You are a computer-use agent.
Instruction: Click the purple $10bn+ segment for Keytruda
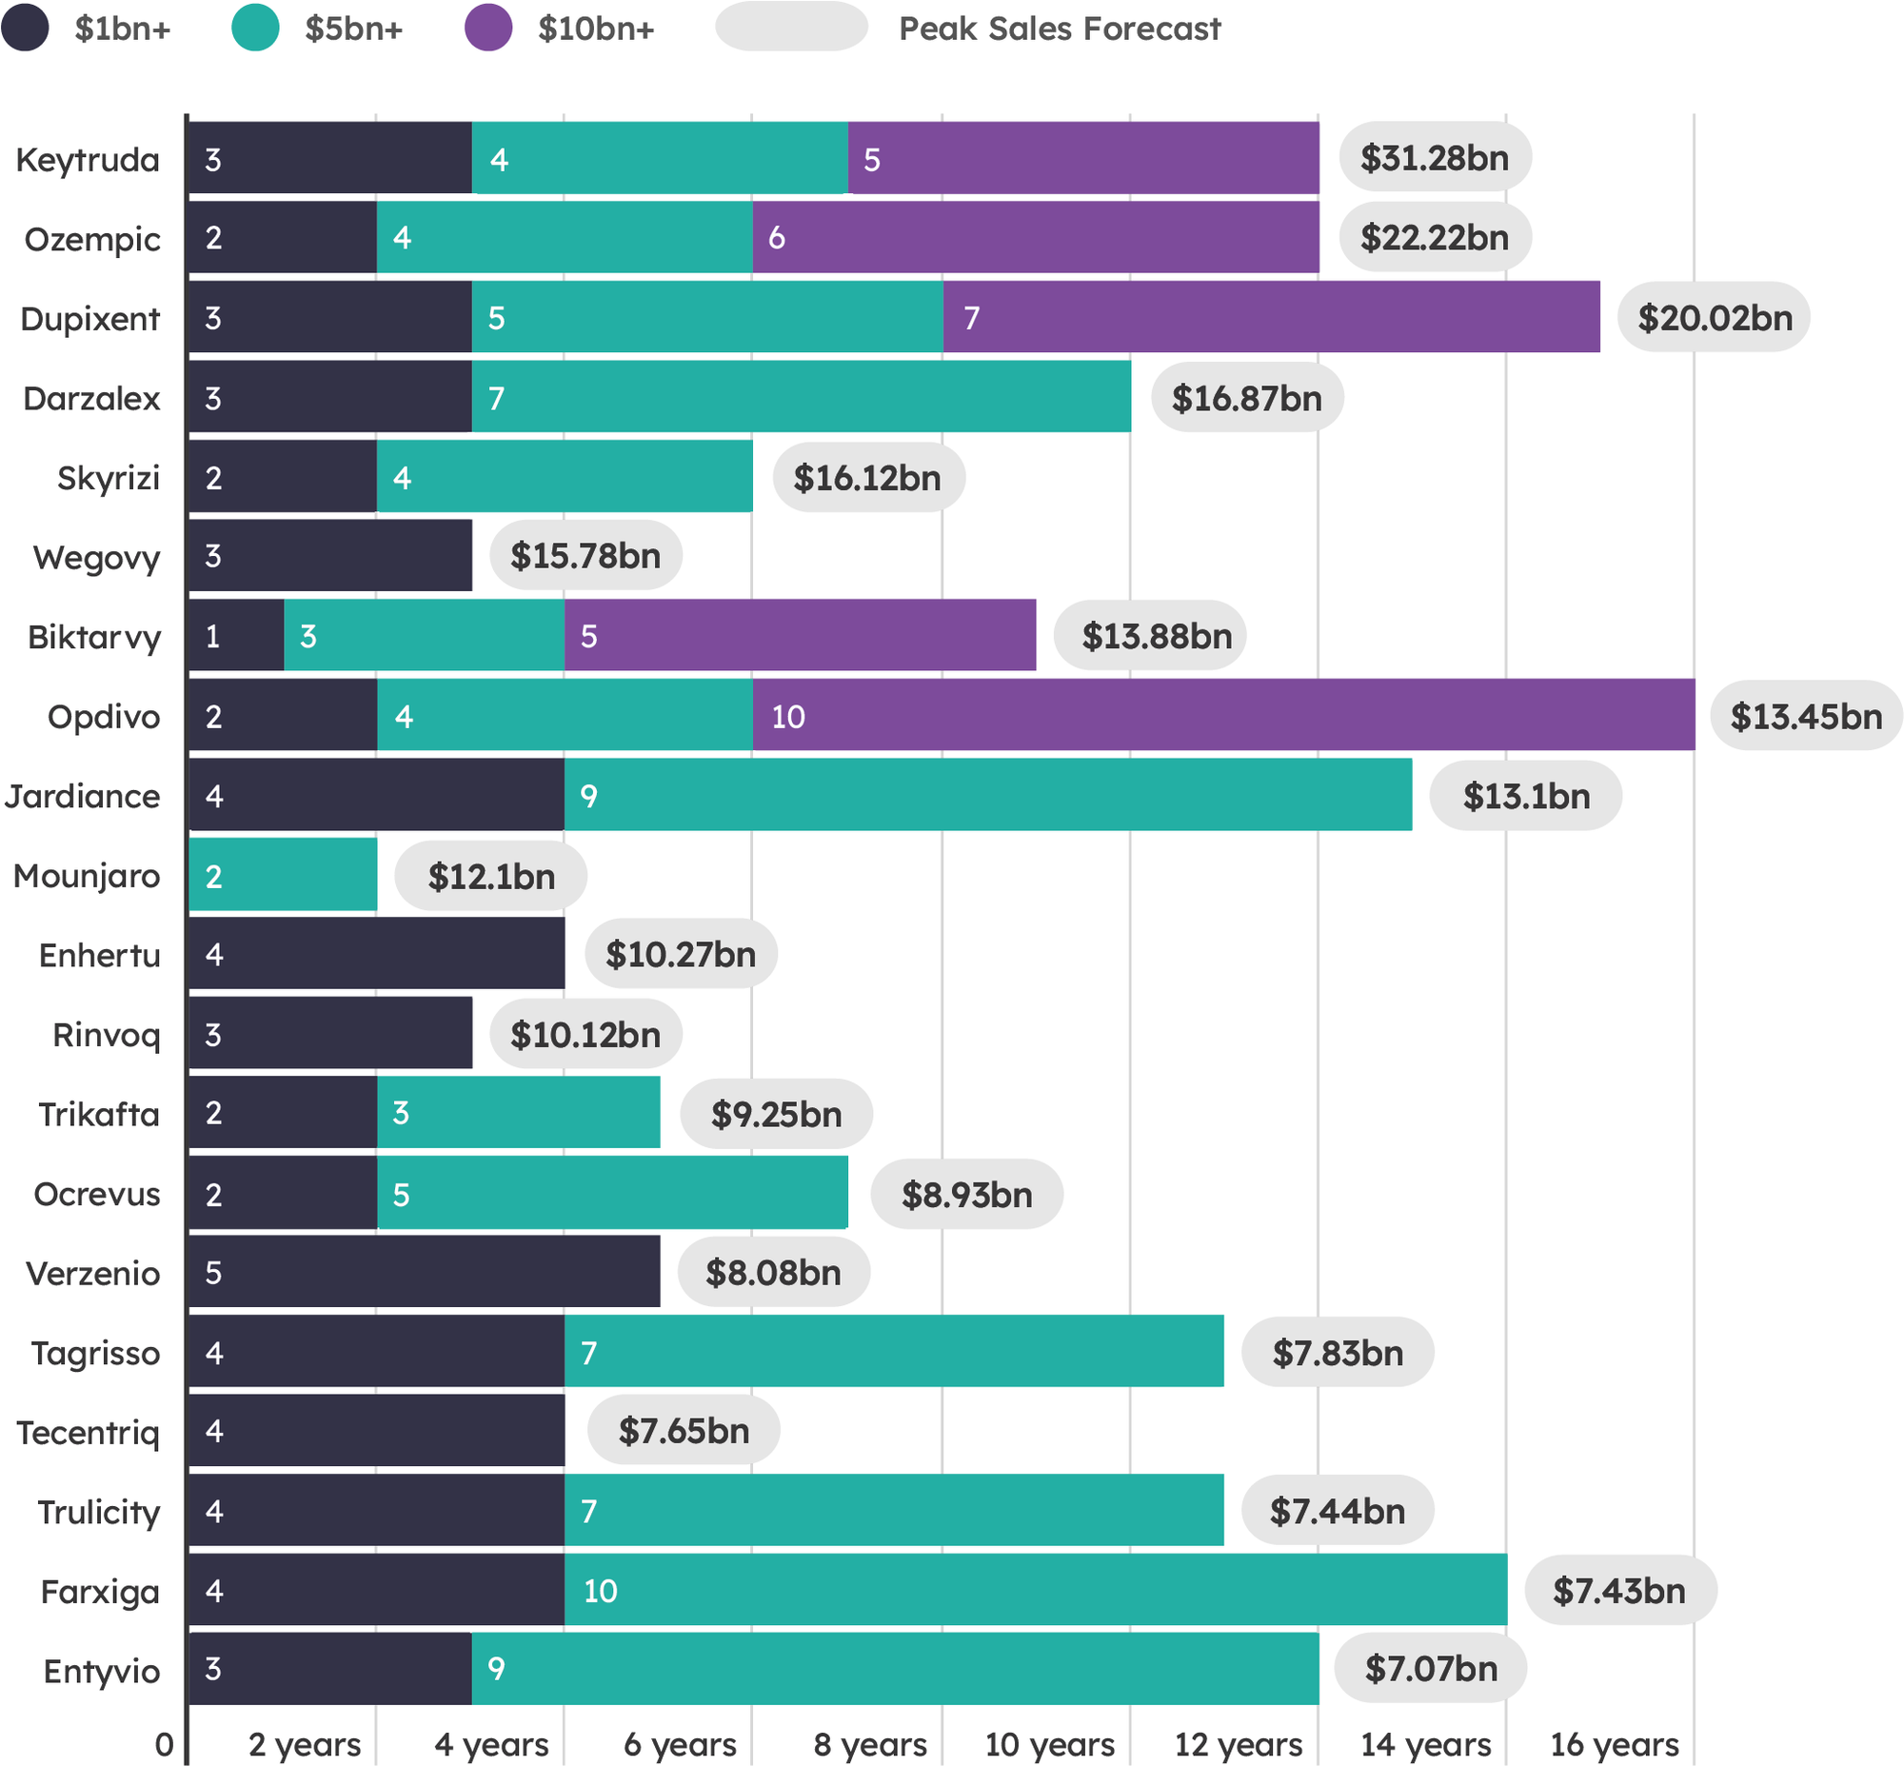point(1083,158)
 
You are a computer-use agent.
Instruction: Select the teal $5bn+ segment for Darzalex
point(801,397)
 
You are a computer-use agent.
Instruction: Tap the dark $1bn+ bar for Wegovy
point(329,555)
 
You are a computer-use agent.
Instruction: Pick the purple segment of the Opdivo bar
point(1223,715)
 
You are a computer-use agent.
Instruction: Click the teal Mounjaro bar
point(283,874)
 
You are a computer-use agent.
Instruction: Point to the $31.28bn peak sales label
point(1434,158)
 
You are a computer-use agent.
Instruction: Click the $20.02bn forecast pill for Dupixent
point(1714,317)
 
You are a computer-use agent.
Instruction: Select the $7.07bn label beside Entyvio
point(1430,1669)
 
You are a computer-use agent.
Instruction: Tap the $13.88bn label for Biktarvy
point(1156,636)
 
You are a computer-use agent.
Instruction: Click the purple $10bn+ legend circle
point(488,28)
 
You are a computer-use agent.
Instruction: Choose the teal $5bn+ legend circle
point(255,28)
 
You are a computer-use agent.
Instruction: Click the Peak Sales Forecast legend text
point(1059,29)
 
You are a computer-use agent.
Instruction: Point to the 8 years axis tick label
point(870,1744)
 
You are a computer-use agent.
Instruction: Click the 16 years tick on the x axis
point(1614,1744)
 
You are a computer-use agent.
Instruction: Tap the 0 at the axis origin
point(165,1744)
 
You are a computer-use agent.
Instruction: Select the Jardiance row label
point(82,796)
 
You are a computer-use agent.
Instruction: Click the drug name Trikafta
point(98,1114)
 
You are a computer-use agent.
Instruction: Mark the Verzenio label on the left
point(92,1273)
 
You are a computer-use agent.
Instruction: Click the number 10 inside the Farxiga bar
point(601,1590)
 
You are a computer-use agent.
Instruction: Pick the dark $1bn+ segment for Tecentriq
point(377,1431)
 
